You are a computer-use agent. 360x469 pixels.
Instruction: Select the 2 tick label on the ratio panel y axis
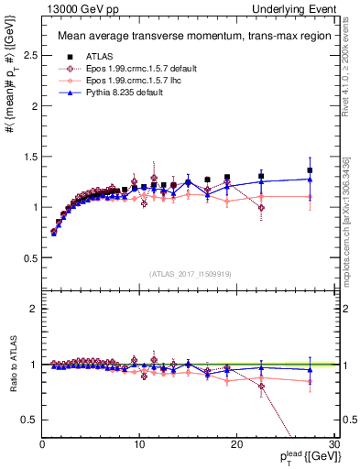[x=33, y=309]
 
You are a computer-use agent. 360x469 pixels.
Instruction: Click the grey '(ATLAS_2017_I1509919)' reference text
[x=190, y=273]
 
